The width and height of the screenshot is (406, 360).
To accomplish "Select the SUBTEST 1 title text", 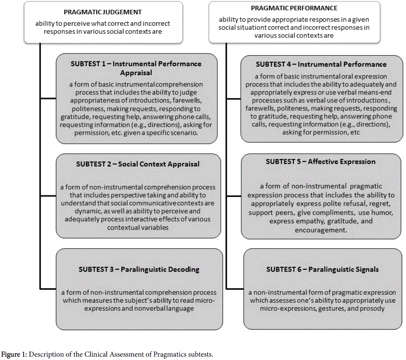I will click(x=136, y=68).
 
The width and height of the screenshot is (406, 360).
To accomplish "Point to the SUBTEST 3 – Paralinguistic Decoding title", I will click(x=139, y=269).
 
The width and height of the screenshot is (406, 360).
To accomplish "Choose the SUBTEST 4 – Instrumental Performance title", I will click(x=321, y=64).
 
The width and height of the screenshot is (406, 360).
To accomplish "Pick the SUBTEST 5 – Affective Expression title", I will click(x=321, y=161).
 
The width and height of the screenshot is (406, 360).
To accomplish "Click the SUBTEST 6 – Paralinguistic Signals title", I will click(x=322, y=269).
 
